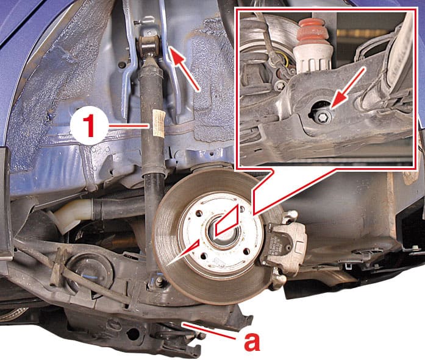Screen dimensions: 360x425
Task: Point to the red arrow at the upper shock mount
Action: coord(186,68)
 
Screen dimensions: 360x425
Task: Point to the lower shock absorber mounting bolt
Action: coord(159,281)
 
